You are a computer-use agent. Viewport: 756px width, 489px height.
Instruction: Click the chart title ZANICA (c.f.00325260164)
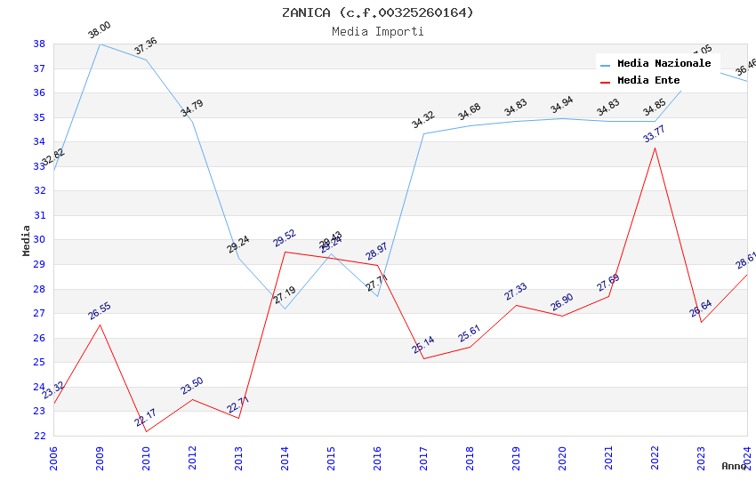click(378, 12)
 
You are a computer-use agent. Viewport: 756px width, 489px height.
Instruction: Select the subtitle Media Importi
click(378, 31)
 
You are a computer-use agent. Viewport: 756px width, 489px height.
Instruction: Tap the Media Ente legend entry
click(648, 80)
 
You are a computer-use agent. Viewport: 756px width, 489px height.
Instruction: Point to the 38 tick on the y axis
click(39, 44)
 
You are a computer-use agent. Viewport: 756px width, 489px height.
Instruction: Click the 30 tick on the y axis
click(39, 240)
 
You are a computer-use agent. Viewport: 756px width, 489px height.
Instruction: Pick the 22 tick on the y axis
click(39, 436)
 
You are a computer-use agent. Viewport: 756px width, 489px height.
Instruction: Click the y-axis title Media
click(27, 240)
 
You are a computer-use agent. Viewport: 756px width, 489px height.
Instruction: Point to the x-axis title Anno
click(734, 466)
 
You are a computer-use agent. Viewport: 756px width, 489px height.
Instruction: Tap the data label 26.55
click(100, 311)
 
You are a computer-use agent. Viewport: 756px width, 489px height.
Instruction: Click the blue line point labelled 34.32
click(423, 134)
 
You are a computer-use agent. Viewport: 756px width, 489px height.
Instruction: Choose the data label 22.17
click(146, 417)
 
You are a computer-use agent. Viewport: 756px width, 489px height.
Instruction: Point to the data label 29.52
click(285, 238)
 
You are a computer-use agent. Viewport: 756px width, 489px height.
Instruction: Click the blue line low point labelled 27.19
click(285, 309)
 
